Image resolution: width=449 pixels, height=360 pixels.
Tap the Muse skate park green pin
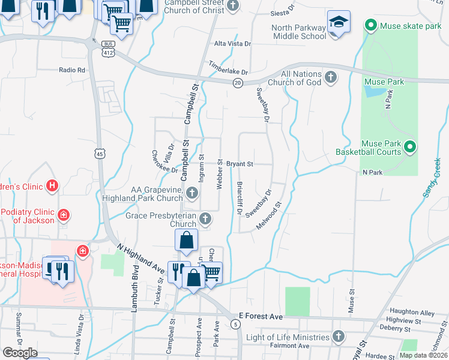pyautogui.click(x=370, y=25)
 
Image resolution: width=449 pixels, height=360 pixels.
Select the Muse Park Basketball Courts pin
pyautogui.click(x=411, y=146)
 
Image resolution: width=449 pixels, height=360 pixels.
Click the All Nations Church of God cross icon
pyautogui.click(x=331, y=77)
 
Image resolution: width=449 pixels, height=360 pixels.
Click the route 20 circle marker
pyautogui.click(x=238, y=83)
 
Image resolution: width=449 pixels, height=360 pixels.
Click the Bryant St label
pyautogui.click(x=240, y=163)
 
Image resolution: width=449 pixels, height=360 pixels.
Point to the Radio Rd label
pyautogui.click(x=72, y=70)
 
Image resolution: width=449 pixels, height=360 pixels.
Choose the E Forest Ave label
pyautogui.click(x=261, y=316)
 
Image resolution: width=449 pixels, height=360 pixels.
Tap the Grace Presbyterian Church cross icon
pyautogui.click(x=205, y=219)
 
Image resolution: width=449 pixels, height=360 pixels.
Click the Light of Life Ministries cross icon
pyautogui.click(x=339, y=337)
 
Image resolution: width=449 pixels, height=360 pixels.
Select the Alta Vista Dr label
pyautogui.click(x=233, y=44)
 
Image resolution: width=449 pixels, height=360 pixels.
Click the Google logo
pyautogui.click(x=20, y=352)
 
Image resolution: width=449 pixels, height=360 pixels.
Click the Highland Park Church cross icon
pyautogui.click(x=192, y=193)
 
